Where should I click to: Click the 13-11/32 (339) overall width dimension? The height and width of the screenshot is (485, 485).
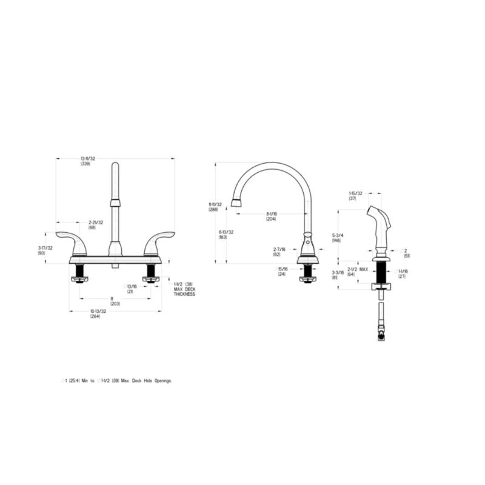pos(89,161)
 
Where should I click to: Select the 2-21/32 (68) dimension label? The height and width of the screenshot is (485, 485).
pos(96,224)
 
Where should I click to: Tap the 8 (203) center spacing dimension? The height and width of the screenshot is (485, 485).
pos(115,301)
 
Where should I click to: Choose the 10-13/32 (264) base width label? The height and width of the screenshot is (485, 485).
pos(98,313)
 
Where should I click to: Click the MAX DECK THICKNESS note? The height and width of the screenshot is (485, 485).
pos(185,292)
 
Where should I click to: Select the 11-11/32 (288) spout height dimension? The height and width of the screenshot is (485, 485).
pos(215,207)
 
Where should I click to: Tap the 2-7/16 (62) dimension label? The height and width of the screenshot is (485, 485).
pos(279,251)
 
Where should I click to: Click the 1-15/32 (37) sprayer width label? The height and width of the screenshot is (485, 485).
pos(356,196)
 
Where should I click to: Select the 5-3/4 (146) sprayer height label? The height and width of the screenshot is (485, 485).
pos(336,238)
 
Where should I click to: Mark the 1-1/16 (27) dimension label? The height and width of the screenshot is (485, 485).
pos(403,273)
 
